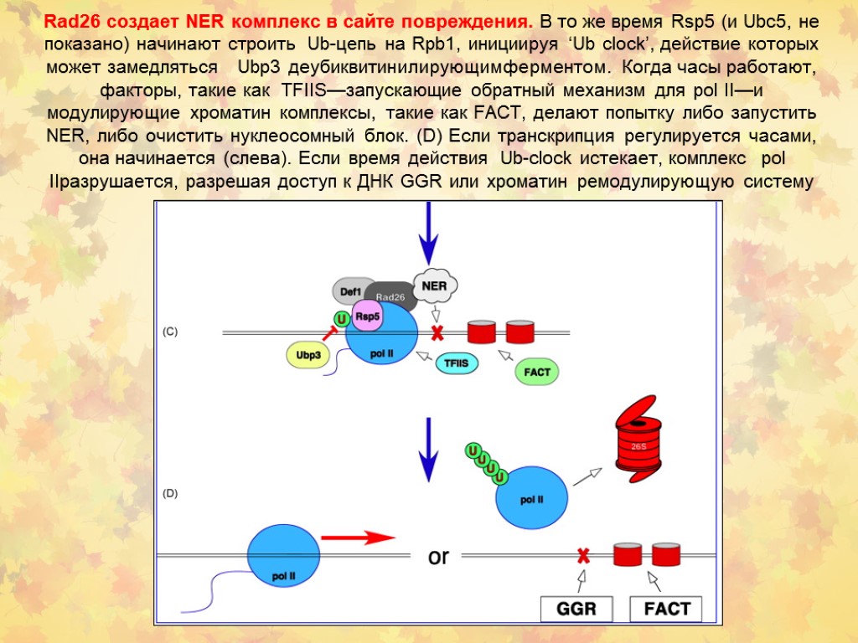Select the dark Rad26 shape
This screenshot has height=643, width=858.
coord(390,296)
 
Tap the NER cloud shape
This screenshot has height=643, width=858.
coord(434,285)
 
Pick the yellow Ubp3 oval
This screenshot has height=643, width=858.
coord(308,354)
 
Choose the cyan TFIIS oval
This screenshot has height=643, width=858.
coord(457,363)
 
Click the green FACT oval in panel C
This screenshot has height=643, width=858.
coord(536,371)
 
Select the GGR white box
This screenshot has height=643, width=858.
coord(576,609)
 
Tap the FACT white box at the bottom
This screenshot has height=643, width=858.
coord(666,609)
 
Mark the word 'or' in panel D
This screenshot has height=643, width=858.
coord(439,556)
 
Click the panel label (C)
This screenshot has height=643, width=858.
coord(170,332)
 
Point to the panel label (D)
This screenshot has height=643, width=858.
coord(170,494)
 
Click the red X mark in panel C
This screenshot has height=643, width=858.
coord(437,332)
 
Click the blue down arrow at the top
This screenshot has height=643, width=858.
coord(428,235)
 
